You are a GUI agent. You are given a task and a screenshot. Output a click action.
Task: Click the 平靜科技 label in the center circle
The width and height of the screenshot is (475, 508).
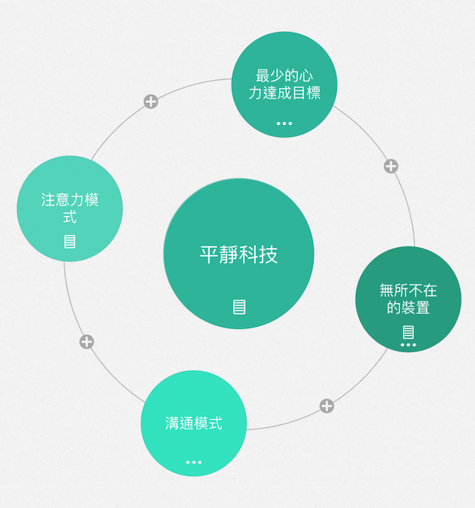click(x=239, y=255)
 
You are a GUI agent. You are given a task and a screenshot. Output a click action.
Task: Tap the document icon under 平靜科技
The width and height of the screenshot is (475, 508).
click(x=239, y=306)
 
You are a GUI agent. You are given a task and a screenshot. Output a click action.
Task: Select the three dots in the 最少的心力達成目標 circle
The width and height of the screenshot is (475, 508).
click(x=284, y=123)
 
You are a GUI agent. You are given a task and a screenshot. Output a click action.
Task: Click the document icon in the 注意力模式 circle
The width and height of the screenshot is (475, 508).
click(x=69, y=241)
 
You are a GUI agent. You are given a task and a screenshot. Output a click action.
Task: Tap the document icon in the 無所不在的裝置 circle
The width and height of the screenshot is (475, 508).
click(x=408, y=332)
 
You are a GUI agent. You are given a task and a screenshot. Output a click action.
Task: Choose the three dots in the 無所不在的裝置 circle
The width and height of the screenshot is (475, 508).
click(x=408, y=345)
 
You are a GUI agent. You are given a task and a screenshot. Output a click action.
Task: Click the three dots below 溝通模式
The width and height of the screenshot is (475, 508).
click(x=194, y=462)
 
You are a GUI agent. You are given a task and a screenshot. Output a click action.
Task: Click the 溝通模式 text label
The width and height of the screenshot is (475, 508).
click(x=194, y=423)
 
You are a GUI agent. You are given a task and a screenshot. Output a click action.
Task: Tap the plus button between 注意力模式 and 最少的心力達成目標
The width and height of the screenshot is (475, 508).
click(x=151, y=102)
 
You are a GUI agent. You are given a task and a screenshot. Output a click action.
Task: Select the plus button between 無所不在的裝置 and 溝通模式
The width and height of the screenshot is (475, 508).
click(x=327, y=406)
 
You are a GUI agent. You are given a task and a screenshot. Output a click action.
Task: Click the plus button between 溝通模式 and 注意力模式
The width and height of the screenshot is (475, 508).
click(x=86, y=342)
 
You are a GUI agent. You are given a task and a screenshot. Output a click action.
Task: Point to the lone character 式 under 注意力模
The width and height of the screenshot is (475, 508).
click(x=69, y=217)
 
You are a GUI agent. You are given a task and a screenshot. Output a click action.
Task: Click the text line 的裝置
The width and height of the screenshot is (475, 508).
click(x=408, y=308)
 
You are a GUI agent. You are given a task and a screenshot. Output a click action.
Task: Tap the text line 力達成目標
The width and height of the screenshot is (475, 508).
click(x=284, y=93)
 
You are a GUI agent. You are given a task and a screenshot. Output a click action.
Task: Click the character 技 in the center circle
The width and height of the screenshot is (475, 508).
click(x=269, y=255)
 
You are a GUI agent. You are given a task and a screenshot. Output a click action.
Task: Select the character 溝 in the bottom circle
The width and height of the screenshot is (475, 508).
click(x=172, y=423)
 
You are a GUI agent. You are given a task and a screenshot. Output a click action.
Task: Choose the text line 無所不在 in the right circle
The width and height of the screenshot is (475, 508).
click(x=408, y=291)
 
